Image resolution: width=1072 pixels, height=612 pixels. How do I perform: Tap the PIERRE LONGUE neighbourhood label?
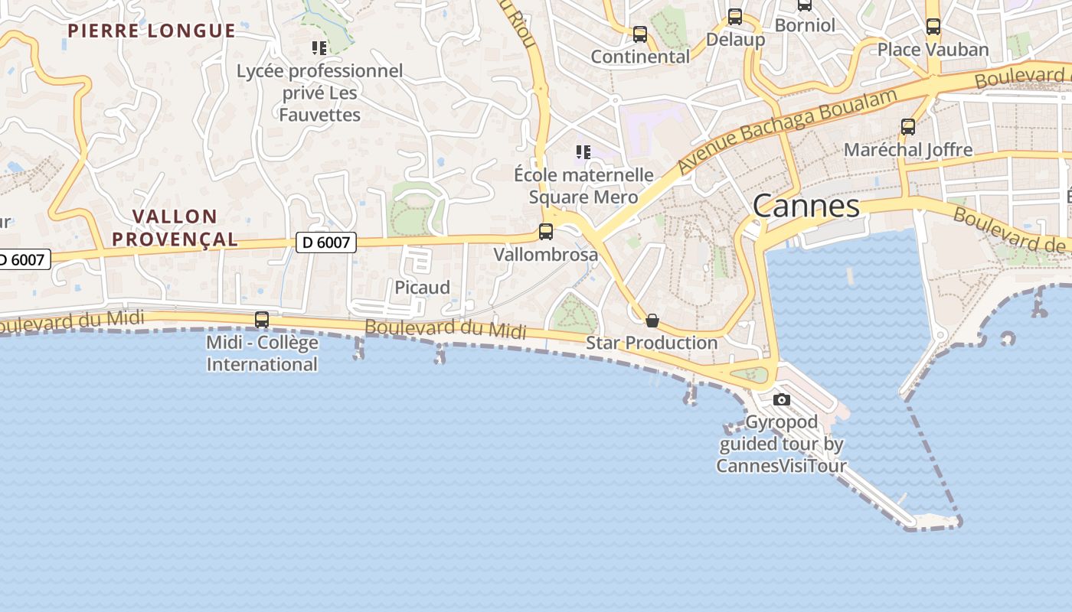152,31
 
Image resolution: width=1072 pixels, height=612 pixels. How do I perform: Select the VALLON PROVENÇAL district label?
175,228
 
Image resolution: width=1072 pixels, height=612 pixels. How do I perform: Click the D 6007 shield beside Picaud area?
326,243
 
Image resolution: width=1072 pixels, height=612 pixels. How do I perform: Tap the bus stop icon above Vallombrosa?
546,231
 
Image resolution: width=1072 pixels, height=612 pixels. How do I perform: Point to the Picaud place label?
422,288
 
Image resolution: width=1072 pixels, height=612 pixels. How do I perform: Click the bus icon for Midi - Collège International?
262,320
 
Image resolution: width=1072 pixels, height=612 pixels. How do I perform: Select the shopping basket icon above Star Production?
652,320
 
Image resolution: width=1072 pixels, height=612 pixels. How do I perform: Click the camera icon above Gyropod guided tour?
782,399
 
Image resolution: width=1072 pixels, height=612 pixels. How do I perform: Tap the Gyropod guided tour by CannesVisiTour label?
782,444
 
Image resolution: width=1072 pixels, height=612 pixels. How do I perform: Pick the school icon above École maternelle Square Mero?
583,152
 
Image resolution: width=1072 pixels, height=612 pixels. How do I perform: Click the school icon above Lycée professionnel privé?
319,48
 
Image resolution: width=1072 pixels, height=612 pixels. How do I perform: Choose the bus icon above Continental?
640,34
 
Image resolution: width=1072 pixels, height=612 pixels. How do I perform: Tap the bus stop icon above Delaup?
735,16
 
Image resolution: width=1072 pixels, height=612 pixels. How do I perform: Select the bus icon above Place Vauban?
933,27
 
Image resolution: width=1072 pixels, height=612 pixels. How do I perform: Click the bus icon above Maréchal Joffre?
908,127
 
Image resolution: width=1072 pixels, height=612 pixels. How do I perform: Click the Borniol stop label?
805,25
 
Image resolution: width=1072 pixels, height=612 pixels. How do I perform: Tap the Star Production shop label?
652,342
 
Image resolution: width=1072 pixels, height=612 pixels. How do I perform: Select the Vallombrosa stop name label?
546,254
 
